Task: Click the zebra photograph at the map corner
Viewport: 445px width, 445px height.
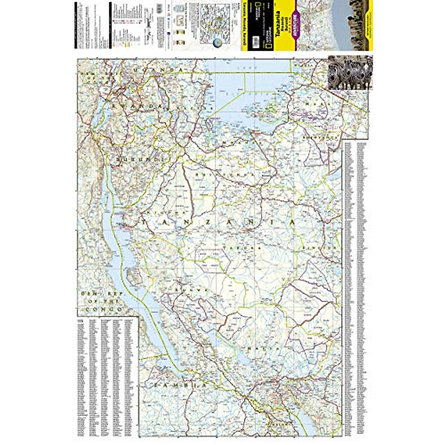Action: pyautogui.click(x=350, y=73)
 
